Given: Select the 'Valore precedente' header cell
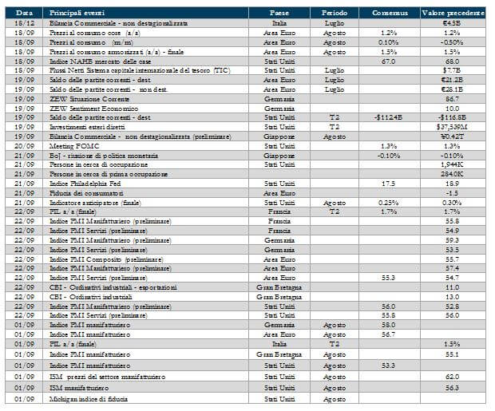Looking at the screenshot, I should tap(453, 14).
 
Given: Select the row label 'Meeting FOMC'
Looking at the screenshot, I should tap(73, 145).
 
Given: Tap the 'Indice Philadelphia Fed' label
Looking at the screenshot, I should tap(84, 183).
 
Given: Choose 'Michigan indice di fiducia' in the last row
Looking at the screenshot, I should tap(89, 397).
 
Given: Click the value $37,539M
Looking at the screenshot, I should tap(452, 126).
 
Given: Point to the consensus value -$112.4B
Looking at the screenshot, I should tap(389, 117).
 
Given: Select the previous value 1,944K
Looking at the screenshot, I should tap(453, 164).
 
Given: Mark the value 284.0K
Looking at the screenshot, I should tap(453, 173).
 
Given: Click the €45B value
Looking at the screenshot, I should tap(453, 23).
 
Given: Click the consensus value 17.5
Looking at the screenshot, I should tap(389, 183).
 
